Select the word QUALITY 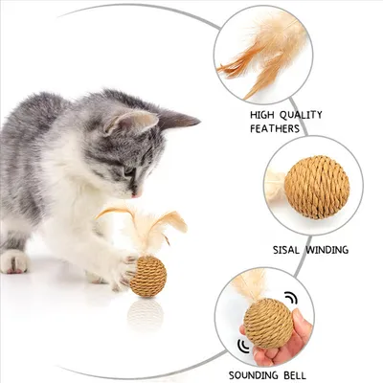(x=302, y=115)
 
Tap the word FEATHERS (x=276, y=128)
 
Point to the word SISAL (x=276, y=250)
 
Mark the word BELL (x=320, y=374)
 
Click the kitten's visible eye (x=129, y=171)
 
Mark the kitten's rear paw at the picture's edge (x=12, y=259)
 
